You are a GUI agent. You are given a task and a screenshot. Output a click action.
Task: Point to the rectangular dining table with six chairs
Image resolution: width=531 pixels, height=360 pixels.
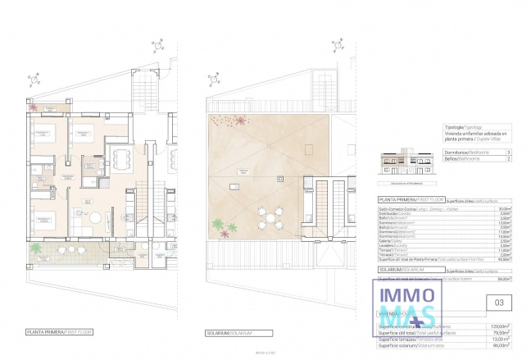[120, 158]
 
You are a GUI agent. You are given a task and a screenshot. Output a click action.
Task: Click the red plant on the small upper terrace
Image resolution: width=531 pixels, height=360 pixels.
[33, 107]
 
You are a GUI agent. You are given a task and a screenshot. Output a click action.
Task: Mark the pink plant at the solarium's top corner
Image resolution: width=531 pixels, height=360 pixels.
[241, 121]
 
